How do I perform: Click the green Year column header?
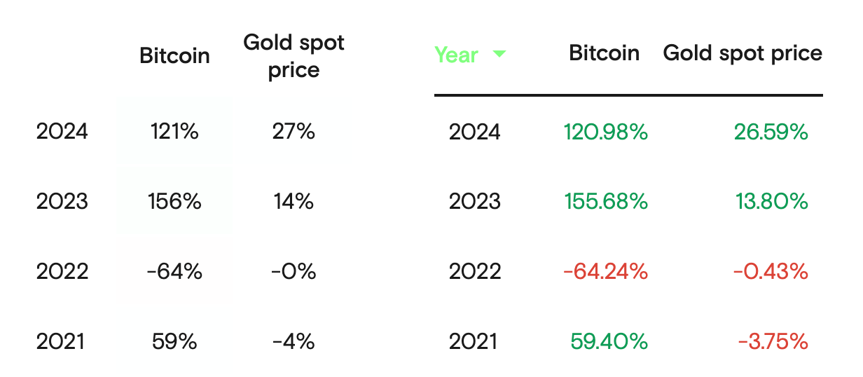[456, 55]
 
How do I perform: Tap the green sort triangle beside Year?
[499, 53]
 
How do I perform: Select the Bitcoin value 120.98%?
[605, 132]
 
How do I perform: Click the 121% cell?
[174, 132]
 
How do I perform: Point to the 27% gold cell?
[294, 132]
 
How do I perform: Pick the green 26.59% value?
[771, 132]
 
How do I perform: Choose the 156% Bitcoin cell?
[174, 202]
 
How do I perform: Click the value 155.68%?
[605, 202]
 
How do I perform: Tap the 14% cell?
[294, 202]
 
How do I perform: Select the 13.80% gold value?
[771, 202]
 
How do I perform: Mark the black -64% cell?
[174, 272]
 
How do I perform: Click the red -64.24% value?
[605, 272]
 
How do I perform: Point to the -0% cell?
[294, 272]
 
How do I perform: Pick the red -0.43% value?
[771, 272]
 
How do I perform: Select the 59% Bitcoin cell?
[174, 342]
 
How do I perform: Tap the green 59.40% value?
[609, 342]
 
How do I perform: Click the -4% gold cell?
[294, 342]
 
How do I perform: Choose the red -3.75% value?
[773, 342]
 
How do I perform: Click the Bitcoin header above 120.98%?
[604, 53]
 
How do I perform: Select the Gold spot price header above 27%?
[294, 56]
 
